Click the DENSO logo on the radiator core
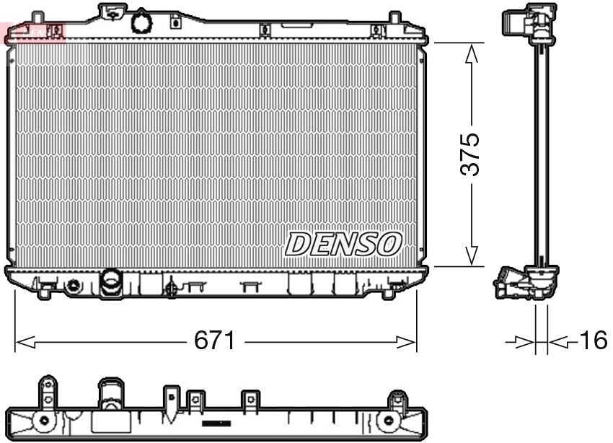click(343, 244)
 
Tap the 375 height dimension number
click(470, 154)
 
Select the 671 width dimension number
click(215, 341)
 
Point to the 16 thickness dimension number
click(593, 341)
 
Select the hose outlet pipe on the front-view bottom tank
click(111, 281)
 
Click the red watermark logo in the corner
click(32, 31)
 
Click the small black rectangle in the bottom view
click(216, 423)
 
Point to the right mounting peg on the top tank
click(394, 19)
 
